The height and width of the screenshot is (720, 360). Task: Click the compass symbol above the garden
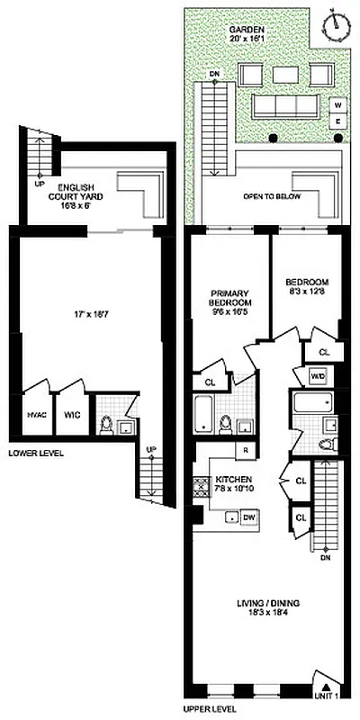click(x=338, y=23)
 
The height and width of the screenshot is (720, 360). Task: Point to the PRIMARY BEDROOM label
click(x=229, y=298)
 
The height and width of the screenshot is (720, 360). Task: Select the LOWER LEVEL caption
click(x=36, y=453)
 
